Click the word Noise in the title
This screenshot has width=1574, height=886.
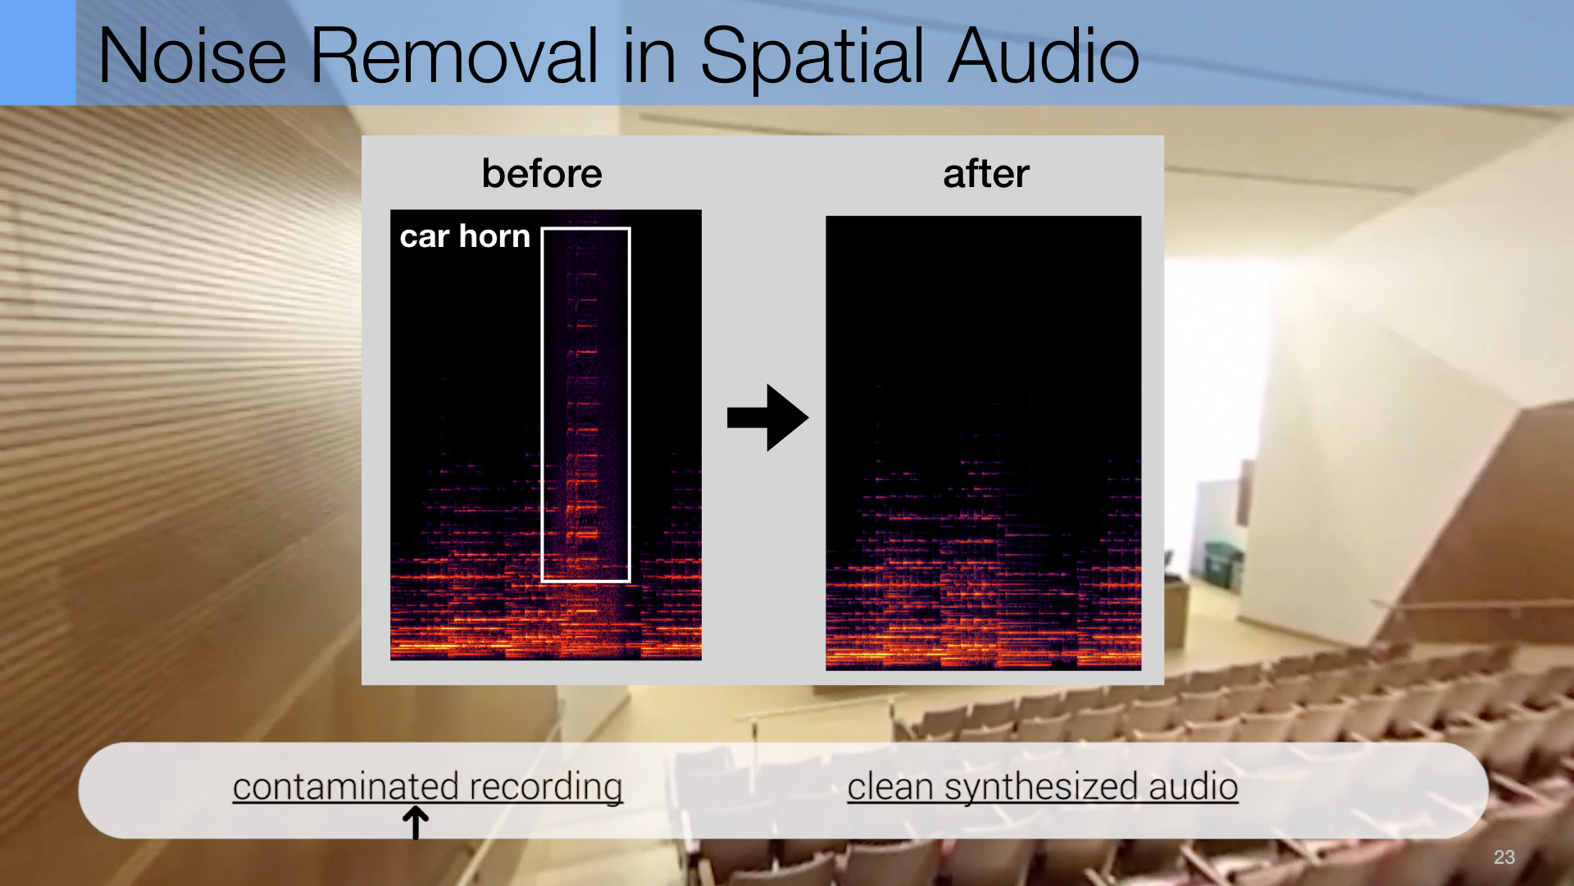193,56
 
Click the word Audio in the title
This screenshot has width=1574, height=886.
1044,56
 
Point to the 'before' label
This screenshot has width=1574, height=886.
542,173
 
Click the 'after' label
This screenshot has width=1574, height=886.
986,174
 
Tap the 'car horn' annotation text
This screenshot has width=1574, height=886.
465,236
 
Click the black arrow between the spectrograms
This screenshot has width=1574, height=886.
768,418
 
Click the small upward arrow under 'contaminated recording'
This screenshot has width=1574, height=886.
416,822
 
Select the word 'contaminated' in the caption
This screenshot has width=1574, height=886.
345,786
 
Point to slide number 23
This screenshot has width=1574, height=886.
1504,857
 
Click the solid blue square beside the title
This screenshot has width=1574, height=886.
38,53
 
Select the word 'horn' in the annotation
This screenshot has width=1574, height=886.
494,236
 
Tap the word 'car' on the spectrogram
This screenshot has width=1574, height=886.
425,238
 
